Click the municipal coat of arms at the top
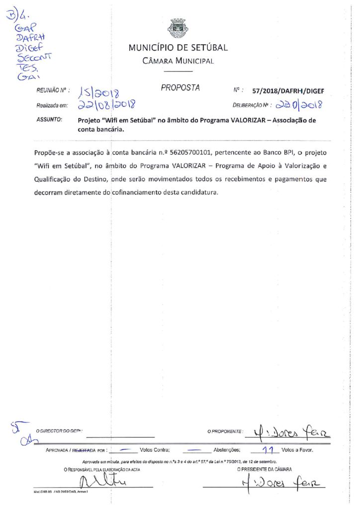pyautogui.click(x=178, y=28)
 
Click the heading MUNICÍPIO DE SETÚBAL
pyautogui.click(x=178, y=48)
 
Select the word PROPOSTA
pyautogui.click(x=180, y=88)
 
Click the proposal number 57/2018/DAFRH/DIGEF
pyautogui.click(x=288, y=91)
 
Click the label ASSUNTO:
pyautogui.click(x=49, y=120)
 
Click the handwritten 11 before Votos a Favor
pyautogui.click(x=269, y=450)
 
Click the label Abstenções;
pyautogui.click(x=227, y=451)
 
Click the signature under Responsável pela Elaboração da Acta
pyautogui.click(x=103, y=482)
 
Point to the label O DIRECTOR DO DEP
pyautogui.click(x=59, y=431)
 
